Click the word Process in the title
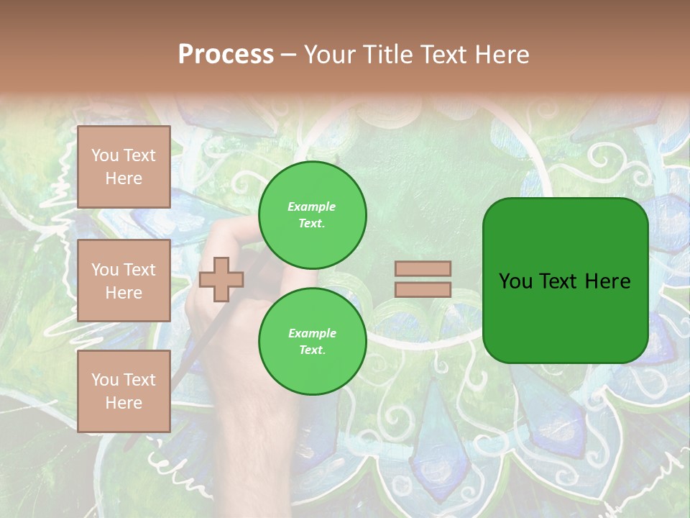click(x=226, y=55)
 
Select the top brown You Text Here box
click(x=124, y=167)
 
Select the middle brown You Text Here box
click(x=124, y=281)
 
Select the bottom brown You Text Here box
click(x=124, y=391)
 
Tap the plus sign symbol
click(x=221, y=279)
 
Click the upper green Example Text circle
click(x=312, y=215)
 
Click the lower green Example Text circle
click(x=312, y=341)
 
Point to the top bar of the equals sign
click(x=423, y=268)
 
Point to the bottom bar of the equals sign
click(x=423, y=289)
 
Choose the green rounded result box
click(x=565, y=281)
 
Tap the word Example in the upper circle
click(x=311, y=206)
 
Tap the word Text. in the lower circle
click(x=311, y=350)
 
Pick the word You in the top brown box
click(x=104, y=155)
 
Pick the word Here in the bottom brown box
click(x=124, y=403)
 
